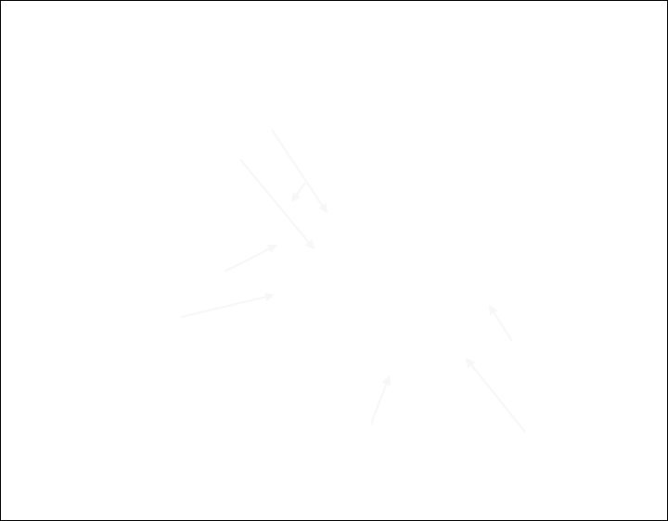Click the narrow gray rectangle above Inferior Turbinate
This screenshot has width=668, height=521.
380,400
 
